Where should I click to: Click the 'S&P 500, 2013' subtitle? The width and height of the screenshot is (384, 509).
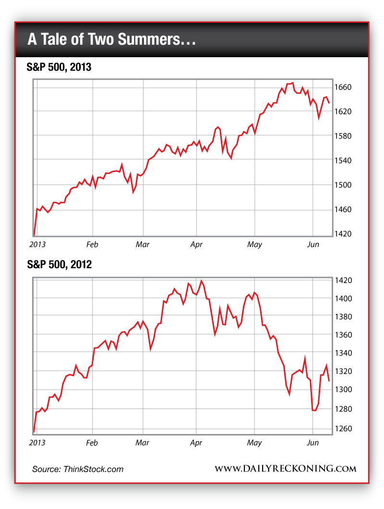pos(59,68)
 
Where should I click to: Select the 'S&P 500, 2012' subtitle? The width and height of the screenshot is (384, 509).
pos(59,264)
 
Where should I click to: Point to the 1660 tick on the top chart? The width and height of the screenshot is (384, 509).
pos(345,87)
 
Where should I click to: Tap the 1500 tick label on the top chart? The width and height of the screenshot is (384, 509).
pos(345,185)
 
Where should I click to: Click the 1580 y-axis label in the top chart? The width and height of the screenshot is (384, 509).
pos(345,136)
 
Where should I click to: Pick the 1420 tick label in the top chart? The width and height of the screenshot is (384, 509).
pos(345,234)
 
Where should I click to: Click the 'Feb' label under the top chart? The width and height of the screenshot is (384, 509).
pos(92,245)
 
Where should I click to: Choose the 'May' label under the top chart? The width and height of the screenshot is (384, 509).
pos(254,245)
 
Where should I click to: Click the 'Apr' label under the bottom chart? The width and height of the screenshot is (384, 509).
pos(196,442)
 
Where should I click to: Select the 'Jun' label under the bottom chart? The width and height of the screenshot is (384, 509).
pos(312,442)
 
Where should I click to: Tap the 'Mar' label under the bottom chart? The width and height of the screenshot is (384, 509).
pos(143,442)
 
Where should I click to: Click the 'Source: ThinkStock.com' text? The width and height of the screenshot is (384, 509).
pos(78,469)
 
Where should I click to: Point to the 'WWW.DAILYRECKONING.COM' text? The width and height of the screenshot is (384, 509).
pos(285,469)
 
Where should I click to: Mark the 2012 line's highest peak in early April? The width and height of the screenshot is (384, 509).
pos(201,281)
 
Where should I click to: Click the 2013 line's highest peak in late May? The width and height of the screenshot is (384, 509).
pos(293,83)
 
